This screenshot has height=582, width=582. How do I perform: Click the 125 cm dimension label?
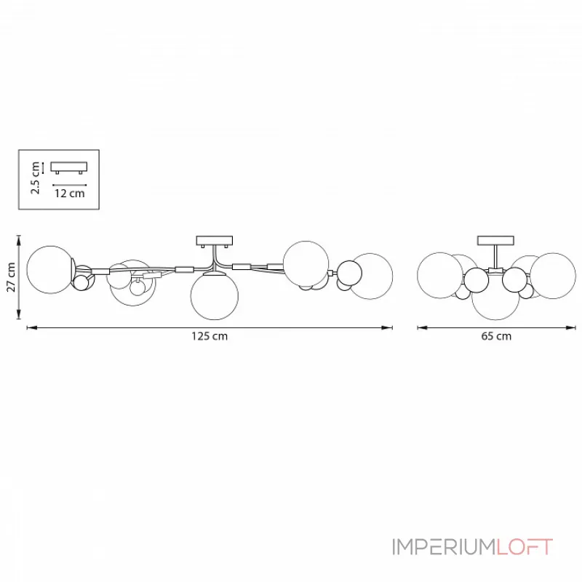(x=210, y=336)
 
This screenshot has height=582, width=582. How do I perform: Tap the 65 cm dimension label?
(x=496, y=336)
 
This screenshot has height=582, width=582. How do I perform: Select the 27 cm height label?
(x=11, y=277)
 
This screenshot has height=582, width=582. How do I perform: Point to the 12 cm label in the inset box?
(x=70, y=194)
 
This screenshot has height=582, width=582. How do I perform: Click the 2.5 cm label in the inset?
(x=35, y=178)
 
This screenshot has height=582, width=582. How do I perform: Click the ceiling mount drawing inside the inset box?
(x=69, y=168)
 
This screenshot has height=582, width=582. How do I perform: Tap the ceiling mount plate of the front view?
(x=214, y=242)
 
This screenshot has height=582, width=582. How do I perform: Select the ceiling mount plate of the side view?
(x=495, y=241)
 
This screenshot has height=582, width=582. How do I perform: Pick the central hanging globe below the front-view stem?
(x=214, y=295)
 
